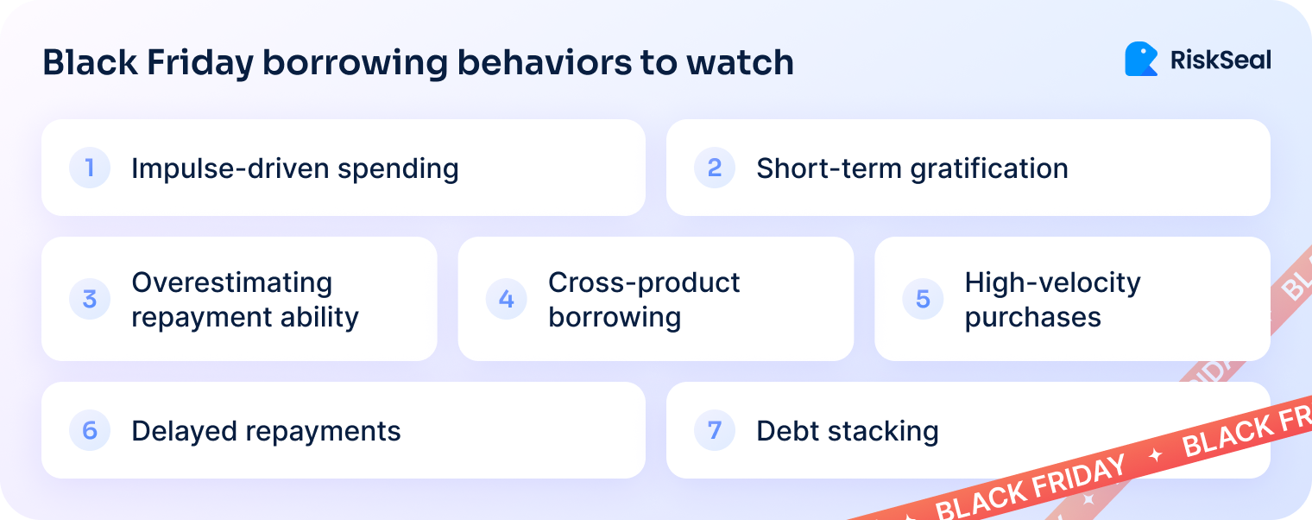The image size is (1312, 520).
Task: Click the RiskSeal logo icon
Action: click(1140, 60)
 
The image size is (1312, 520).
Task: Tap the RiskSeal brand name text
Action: click(1220, 60)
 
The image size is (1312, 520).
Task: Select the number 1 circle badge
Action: click(90, 168)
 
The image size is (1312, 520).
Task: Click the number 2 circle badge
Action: click(715, 168)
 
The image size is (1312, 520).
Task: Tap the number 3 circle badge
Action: click(90, 300)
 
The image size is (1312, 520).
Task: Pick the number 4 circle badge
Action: click(507, 300)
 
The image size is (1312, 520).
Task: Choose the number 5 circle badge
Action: click(923, 300)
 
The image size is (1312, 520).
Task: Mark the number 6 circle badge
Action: click(90, 430)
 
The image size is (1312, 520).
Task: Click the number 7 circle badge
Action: click(715, 430)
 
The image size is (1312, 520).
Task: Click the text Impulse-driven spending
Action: click(294, 168)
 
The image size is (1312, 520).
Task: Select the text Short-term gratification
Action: click(911, 168)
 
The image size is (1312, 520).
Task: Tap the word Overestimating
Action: click(231, 282)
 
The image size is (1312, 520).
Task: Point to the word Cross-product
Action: click(644, 282)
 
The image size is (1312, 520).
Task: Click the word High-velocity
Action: click(1052, 282)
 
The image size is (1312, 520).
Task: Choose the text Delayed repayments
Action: click(266, 431)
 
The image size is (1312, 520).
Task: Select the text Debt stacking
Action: click(847, 431)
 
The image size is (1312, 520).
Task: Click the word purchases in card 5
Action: click(1032, 317)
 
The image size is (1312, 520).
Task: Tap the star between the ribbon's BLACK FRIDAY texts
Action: click(1154, 455)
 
